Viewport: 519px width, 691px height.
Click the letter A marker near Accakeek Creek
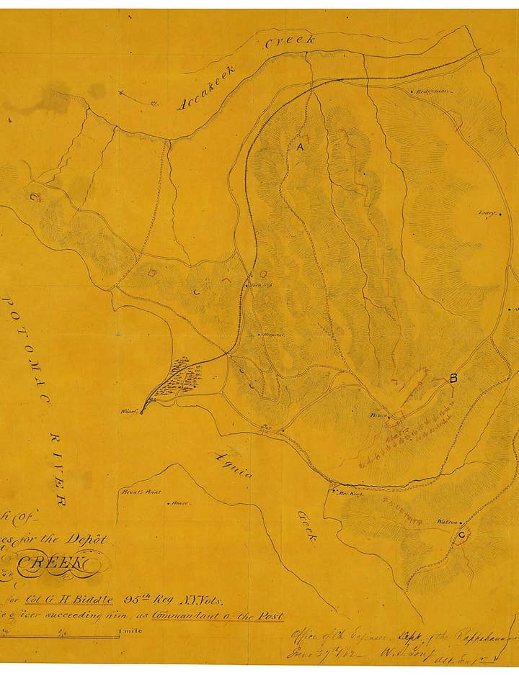pyautogui.click(x=300, y=147)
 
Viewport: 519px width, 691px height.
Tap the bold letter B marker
pyautogui.click(x=453, y=378)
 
